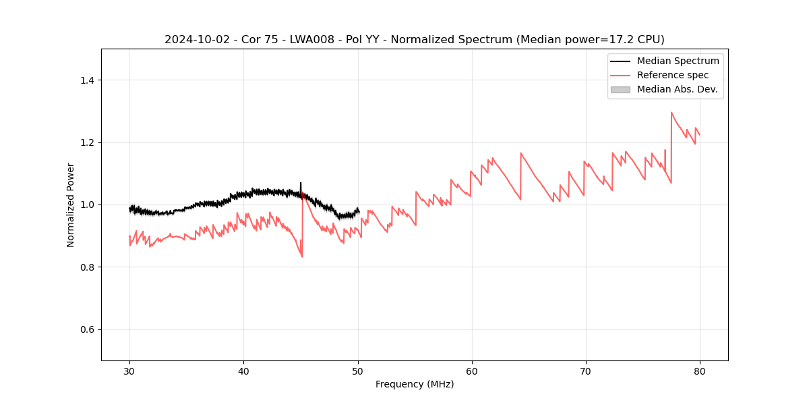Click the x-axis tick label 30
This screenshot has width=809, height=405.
(129, 371)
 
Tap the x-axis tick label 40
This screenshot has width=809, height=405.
(243, 371)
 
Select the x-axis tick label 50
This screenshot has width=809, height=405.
(358, 371)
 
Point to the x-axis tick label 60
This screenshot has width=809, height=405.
(472, 371)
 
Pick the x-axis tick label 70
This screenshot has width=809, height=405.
(586, 371)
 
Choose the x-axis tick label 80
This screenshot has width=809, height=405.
(700, 371)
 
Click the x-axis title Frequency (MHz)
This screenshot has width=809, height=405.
(415, 384)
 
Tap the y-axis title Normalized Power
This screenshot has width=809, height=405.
(71, 205)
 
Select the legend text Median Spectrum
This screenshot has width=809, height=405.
(678, 61)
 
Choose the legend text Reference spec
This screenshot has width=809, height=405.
(673, 75)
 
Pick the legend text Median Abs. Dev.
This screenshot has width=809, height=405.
(677, 89)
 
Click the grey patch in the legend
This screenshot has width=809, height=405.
(620, 89)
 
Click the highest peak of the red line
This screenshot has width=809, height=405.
(671, 112)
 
